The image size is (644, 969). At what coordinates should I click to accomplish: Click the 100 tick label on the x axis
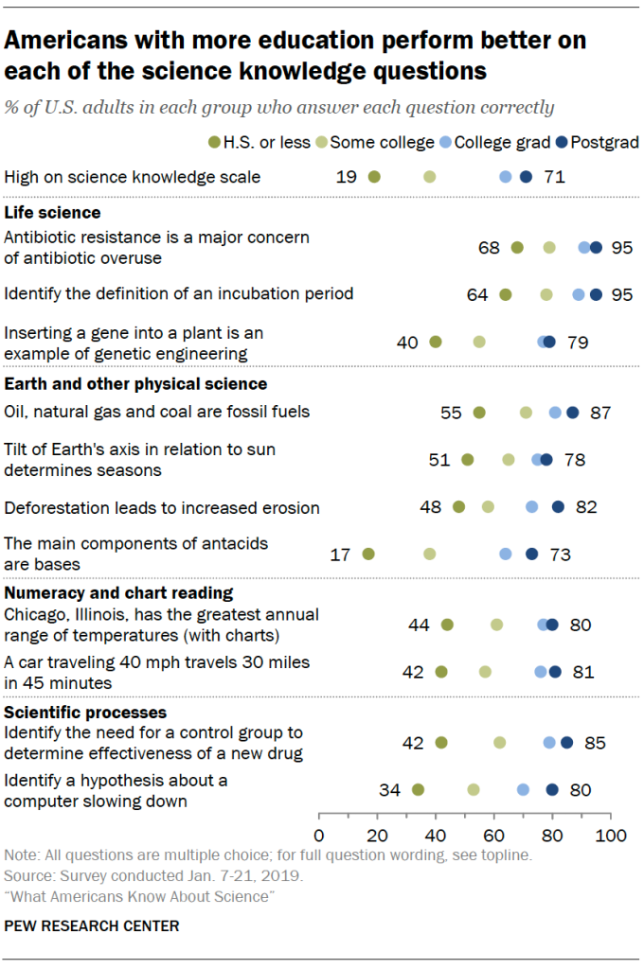pos(611,836)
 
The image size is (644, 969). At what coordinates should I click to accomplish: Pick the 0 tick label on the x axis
pos(318,836)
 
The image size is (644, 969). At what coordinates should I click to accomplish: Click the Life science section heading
pos(53,212)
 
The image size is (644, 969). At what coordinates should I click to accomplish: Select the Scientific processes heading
pos(86,712)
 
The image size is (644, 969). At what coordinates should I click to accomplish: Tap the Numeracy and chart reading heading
pos(119,593)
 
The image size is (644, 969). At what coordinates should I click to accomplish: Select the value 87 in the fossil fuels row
pos(599,413)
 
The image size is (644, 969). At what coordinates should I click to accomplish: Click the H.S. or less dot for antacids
pos(368,555)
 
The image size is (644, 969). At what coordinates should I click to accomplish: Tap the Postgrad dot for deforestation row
pos(558,507)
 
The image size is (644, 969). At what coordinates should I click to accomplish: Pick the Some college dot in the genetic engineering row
pos(479,342)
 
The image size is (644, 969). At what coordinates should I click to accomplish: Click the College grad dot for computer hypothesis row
pos(523,789)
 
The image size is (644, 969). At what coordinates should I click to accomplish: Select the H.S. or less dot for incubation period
pos(506,294)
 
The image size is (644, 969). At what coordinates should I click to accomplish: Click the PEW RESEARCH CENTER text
pos(91,925)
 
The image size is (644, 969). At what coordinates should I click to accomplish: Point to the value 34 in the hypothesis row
pos(388,789)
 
